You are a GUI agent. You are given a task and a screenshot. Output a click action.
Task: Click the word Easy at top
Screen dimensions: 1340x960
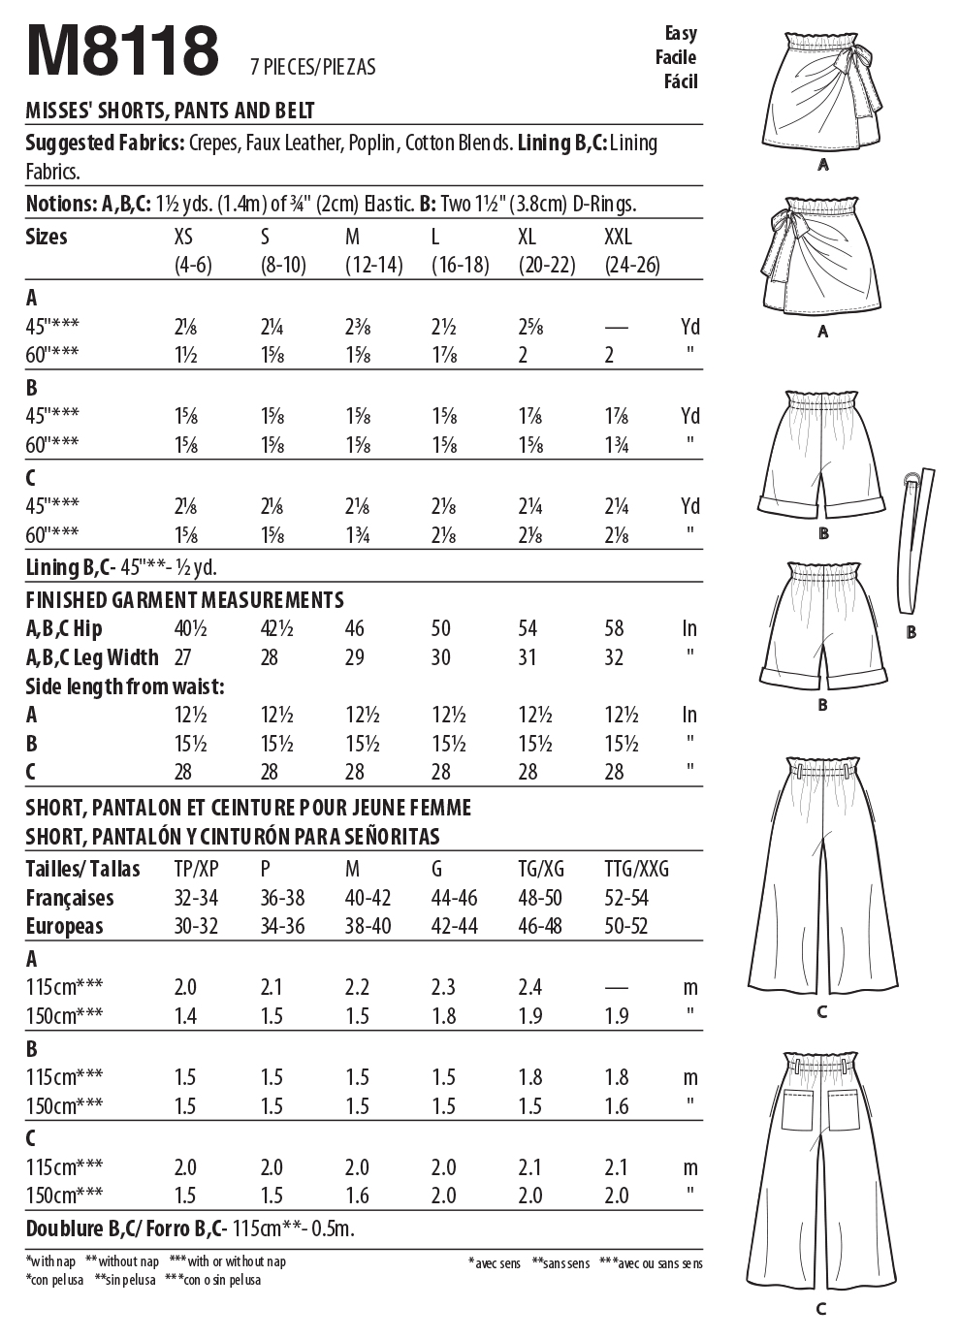pyautogui.click(x=681, y=33)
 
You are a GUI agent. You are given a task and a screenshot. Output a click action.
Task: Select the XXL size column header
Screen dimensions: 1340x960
pyautogui.click(x=618, y=238)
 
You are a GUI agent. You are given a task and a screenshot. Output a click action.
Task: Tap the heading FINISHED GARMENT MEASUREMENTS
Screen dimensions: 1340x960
pyautogui.click(x=184, y=600)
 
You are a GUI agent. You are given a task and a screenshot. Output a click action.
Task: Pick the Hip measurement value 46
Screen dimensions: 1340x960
pyautogui.click(x=355, y=629)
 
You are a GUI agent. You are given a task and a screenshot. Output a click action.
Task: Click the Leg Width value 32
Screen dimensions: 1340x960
pyautogui.click(x=614, y=657)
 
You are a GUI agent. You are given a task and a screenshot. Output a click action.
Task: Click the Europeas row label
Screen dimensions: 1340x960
pyautogui.click(x=64, y=926)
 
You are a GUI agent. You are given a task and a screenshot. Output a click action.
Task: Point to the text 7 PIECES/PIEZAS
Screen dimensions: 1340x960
pyautogui.click(x=312, y=67)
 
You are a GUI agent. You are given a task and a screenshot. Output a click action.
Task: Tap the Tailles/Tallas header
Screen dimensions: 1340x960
pyautogui.click(x=82, y=869)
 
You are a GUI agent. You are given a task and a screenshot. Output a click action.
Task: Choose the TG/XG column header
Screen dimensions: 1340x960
pyautogui.click(x=540, y=869)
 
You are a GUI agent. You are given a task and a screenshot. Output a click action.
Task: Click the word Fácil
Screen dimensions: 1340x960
pyautogui.click(x=681, y=81)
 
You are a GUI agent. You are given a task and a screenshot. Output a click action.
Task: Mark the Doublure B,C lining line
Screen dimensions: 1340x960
pyautogui.click(x=190, y=1229)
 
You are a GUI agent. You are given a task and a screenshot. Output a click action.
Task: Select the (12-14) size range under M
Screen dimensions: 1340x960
pyautogui.click(x=374, y=265)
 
